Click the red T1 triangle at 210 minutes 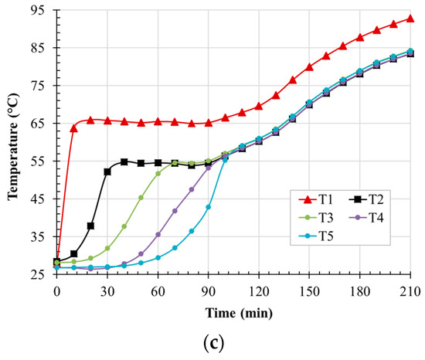410,19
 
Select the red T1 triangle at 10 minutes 73,128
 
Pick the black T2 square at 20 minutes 90,226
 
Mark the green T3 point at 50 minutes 141,198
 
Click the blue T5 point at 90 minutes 209,207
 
